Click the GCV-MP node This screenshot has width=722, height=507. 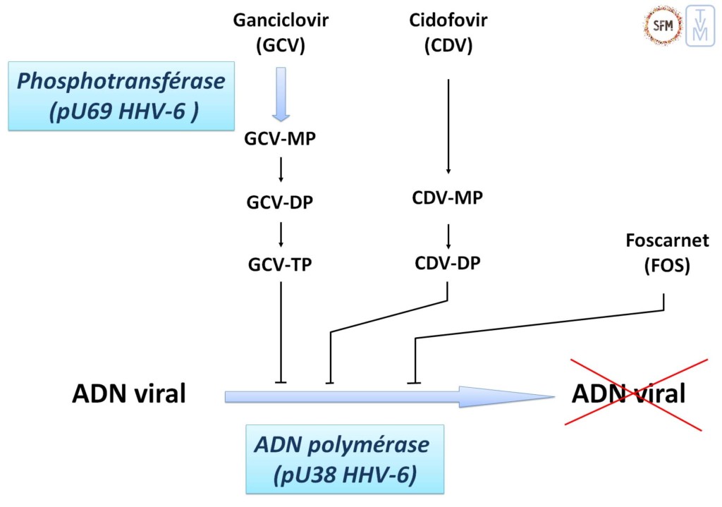pos(281,138)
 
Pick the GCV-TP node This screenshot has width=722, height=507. pos(281,265)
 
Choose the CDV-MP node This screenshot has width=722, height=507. pos(448,197)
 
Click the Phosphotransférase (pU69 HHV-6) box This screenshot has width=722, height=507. pos(121,95)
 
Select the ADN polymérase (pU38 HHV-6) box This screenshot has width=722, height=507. pos(344,458)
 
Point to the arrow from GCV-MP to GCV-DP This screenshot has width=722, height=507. pos(281,169)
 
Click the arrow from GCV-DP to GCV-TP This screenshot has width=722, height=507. pos(281,233)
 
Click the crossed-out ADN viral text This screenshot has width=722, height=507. pos(629,393)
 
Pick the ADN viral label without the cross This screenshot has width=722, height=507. pos(129,393)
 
